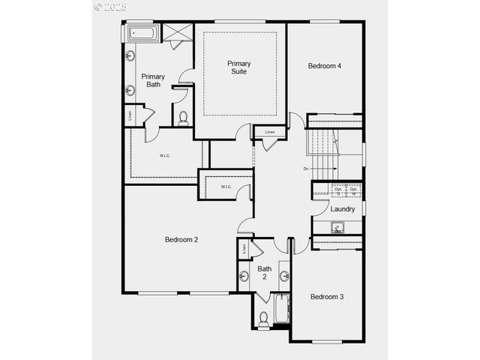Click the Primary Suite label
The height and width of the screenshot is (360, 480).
[240, 67]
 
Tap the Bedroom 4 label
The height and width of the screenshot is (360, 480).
[325, 66]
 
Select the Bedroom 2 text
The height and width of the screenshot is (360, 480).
[181, 240]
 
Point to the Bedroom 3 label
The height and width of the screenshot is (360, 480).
[327, 297]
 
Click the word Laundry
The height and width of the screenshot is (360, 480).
[342, 209]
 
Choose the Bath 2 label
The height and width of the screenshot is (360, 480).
[265, 273]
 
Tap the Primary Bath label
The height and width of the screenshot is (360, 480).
[153, 80]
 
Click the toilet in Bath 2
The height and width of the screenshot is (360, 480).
[263, 318]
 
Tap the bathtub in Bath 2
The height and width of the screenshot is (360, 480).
[282, 309]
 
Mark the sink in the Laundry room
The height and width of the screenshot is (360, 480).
[337, 227]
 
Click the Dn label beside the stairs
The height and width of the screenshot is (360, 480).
[307, 169]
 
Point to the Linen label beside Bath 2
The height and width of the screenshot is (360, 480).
[244, 248]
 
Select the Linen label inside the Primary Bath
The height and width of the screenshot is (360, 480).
[130, 115]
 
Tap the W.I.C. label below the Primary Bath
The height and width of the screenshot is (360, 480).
[165, 156]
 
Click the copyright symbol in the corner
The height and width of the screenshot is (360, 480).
[98, 6]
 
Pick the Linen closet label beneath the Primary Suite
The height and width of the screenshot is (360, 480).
[270, 133]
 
